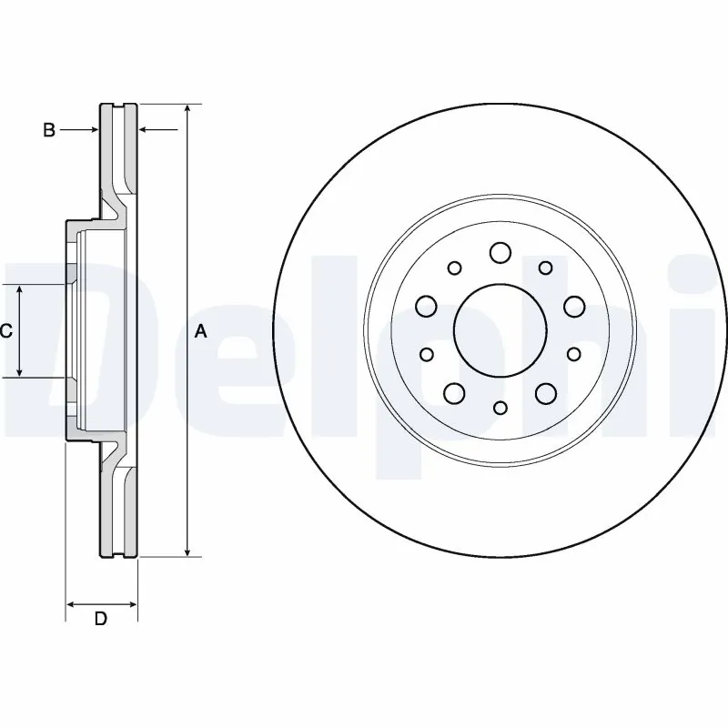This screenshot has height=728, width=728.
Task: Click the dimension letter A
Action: pyautogui.click(x=201, y=333)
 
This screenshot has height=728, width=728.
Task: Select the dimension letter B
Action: pyautogui.click(x=50, y=130)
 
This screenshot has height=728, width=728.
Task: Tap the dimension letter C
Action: pyautogui.click(x=5, y=331)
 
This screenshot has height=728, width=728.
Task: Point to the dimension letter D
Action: pyautogui.click(x=101, y=620)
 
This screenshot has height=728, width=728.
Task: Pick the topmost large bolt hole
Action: pyautogui.click(x=500, y=252)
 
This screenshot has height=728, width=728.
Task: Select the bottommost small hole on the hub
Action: pyautogui.click(x=500, y=409)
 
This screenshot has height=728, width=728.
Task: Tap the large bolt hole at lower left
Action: pyautogui.click(x=454, y=392)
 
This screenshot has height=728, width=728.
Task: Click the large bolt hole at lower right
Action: pyautogui.click(x=545, y=392)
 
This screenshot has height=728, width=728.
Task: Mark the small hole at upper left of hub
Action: pyautogui.click(x=454, y=268)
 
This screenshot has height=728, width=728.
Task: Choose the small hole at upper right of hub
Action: pyautogui.click(x=545, y=268)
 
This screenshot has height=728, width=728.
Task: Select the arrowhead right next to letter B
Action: pyautogui.click(x=94, y=130)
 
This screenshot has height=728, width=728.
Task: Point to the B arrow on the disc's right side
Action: pyautogui.click(x=144, y=130)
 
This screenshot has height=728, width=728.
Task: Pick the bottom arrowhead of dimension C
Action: pyautogui.click(x=20, y=372)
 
